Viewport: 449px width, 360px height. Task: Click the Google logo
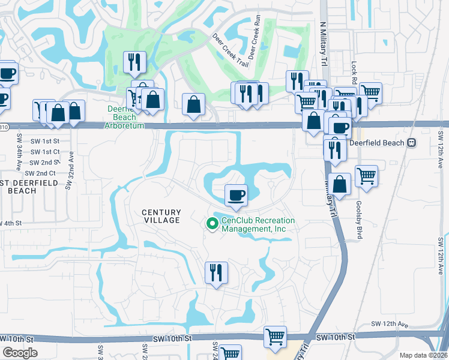click(20, 353)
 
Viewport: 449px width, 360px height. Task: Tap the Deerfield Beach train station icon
click(411, 143)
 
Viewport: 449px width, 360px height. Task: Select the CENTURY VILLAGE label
click(161, 217)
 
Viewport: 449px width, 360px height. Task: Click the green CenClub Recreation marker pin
click(212, 224)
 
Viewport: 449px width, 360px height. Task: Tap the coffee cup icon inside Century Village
click(236, 195)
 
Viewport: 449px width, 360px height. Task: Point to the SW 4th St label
click(11, 223)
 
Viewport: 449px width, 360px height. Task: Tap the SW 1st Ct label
click(46, 152)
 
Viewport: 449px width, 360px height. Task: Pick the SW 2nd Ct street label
click(40, 173)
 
